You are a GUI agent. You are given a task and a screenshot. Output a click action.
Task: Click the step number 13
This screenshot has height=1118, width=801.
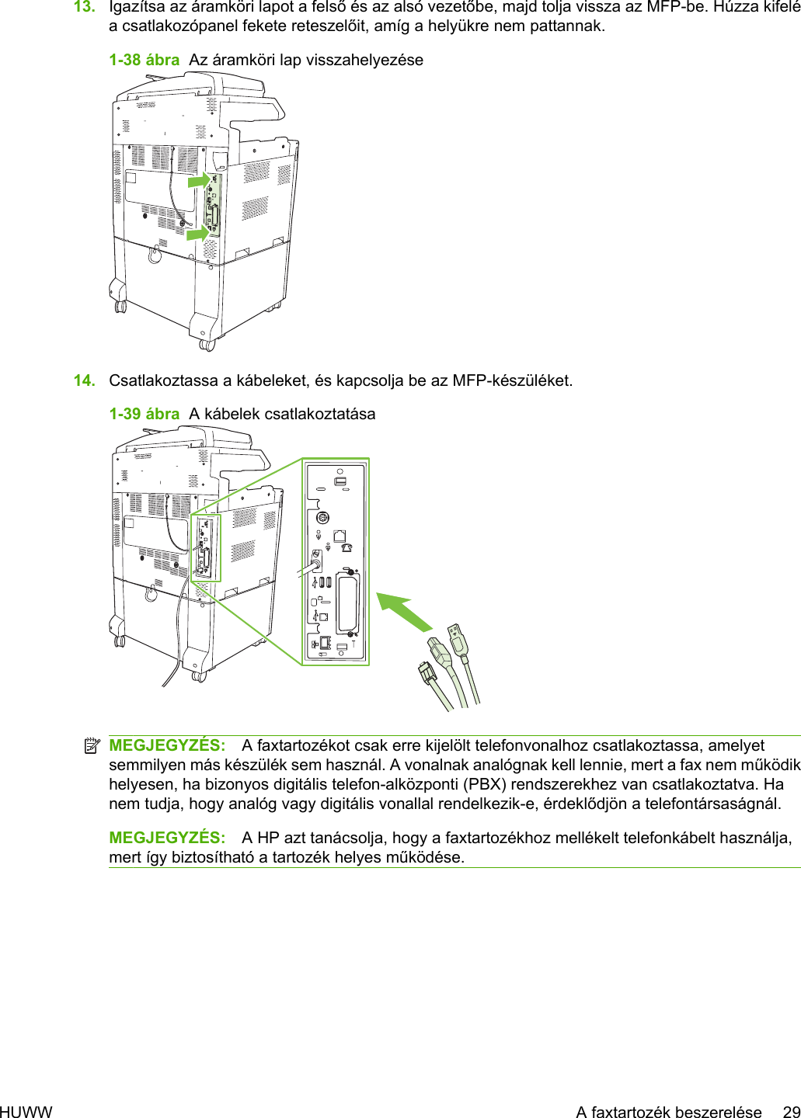click(x=84, y=8)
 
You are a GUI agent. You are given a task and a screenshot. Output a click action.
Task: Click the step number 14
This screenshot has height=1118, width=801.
click(x=84, y=380)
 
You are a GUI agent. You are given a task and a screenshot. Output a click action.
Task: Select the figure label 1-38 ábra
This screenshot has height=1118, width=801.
click(x=144, y=61)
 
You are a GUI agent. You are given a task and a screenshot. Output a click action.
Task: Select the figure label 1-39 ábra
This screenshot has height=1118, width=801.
click(x=144, y=415)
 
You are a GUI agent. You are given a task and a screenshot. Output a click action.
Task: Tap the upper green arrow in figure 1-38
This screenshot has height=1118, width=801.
click(x=199, y=180)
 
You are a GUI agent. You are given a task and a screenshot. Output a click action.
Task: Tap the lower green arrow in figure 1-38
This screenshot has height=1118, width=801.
click(x=197, y=232)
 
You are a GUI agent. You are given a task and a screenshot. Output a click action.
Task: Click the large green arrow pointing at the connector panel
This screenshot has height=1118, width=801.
click(x=404, y=612)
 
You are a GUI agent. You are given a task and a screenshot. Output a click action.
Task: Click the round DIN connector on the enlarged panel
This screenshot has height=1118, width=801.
click(x=323, y=518)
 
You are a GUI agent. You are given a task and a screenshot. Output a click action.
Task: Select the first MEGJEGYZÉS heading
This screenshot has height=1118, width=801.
click(x=167, y=745)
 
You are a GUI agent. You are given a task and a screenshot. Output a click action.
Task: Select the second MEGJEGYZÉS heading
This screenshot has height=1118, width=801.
click(x=167, y=838)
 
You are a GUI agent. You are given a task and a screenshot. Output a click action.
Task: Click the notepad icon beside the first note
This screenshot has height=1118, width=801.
click(x=92, y=746)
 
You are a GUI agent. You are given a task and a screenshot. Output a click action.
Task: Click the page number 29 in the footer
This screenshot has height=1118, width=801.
click(x=791, y=1112)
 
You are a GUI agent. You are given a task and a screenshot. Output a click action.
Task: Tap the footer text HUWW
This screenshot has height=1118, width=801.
click(x=26, y=1112)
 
